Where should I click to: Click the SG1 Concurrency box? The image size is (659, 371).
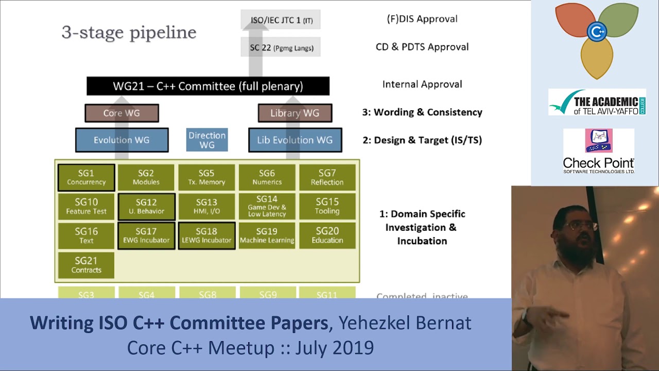[86, 177]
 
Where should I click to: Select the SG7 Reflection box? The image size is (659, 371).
[327, 177]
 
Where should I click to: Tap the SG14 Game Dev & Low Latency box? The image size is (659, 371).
[267, 206]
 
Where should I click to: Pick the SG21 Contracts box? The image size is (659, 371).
[86, 265]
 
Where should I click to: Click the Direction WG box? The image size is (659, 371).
[207, 140]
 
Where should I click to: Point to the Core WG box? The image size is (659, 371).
[122, 113]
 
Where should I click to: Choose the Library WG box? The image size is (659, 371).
[294, 113]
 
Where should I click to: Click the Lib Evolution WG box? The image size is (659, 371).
[294, 140]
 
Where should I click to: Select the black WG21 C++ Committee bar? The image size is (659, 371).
[207, 86]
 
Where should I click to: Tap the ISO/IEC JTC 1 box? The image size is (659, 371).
[281, 21]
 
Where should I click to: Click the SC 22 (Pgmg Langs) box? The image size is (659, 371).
[281, 48]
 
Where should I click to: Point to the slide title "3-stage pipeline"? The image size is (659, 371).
[129, 32]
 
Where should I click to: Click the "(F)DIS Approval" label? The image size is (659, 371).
[422, 19]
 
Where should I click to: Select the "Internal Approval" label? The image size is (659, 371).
[422, 84]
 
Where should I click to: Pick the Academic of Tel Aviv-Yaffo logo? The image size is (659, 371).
[597, 102]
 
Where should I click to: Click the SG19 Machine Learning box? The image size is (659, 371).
[267, 235]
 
